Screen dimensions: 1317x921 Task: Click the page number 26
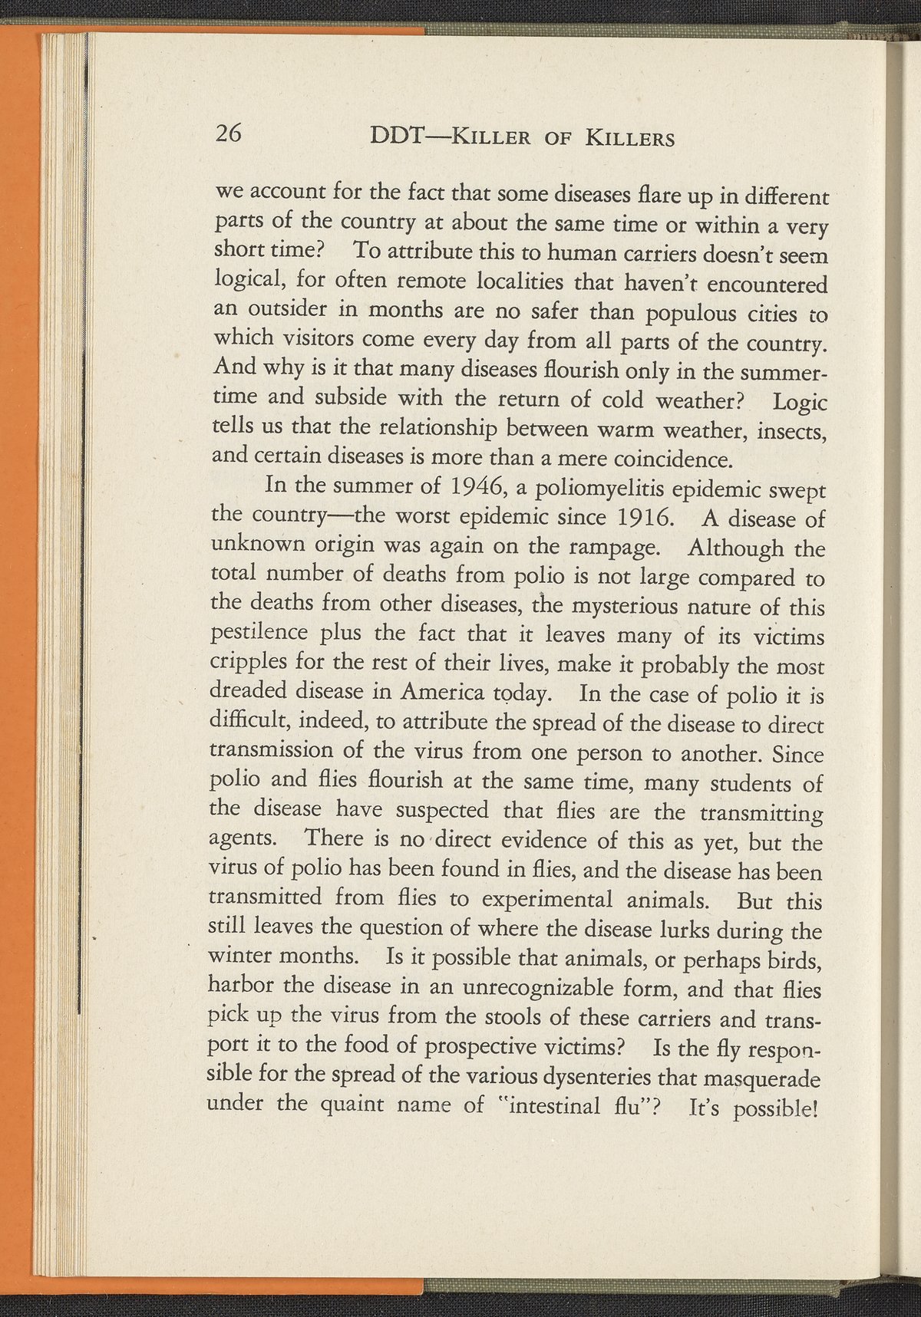(x=229, y=134)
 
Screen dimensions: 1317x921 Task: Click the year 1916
(x=645, y=516)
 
